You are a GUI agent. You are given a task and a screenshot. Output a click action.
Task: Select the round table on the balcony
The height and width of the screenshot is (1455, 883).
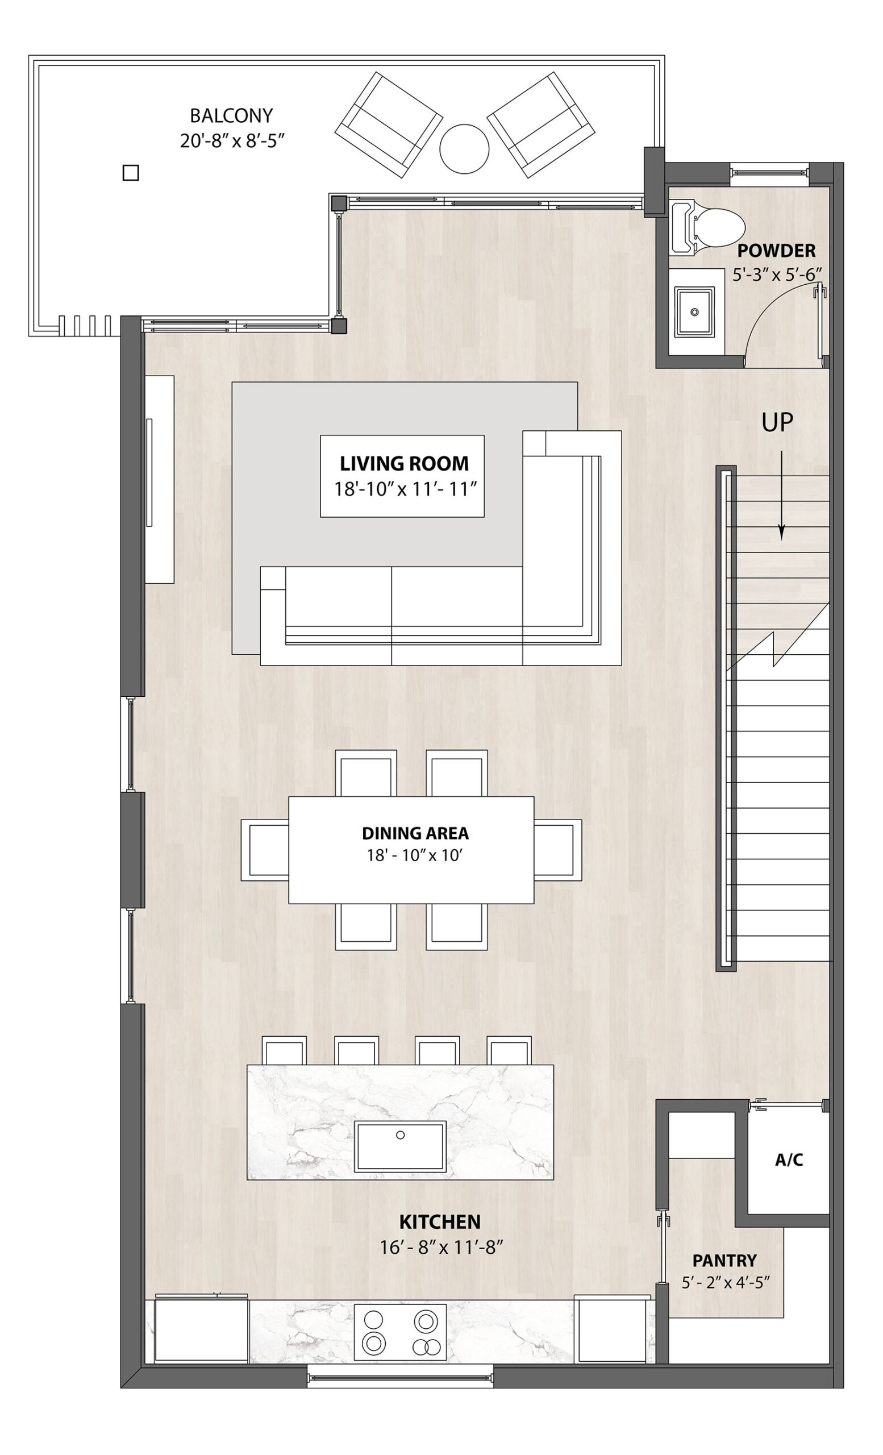464,149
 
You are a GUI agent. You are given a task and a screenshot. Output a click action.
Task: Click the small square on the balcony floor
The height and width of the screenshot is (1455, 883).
131,172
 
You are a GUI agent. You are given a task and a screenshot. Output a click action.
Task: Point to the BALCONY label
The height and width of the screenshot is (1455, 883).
231,115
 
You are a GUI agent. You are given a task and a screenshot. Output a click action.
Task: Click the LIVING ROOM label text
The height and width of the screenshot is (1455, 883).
405,464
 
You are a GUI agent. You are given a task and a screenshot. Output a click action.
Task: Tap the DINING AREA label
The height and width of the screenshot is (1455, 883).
415,833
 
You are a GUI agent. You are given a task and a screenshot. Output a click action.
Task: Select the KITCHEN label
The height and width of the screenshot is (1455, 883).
440,1221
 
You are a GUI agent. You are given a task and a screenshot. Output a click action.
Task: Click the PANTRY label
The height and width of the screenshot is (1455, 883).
724,1261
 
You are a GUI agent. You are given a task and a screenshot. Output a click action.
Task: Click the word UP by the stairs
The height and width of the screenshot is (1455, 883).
777,422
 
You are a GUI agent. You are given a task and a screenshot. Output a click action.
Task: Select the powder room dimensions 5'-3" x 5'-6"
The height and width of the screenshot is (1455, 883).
777,275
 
